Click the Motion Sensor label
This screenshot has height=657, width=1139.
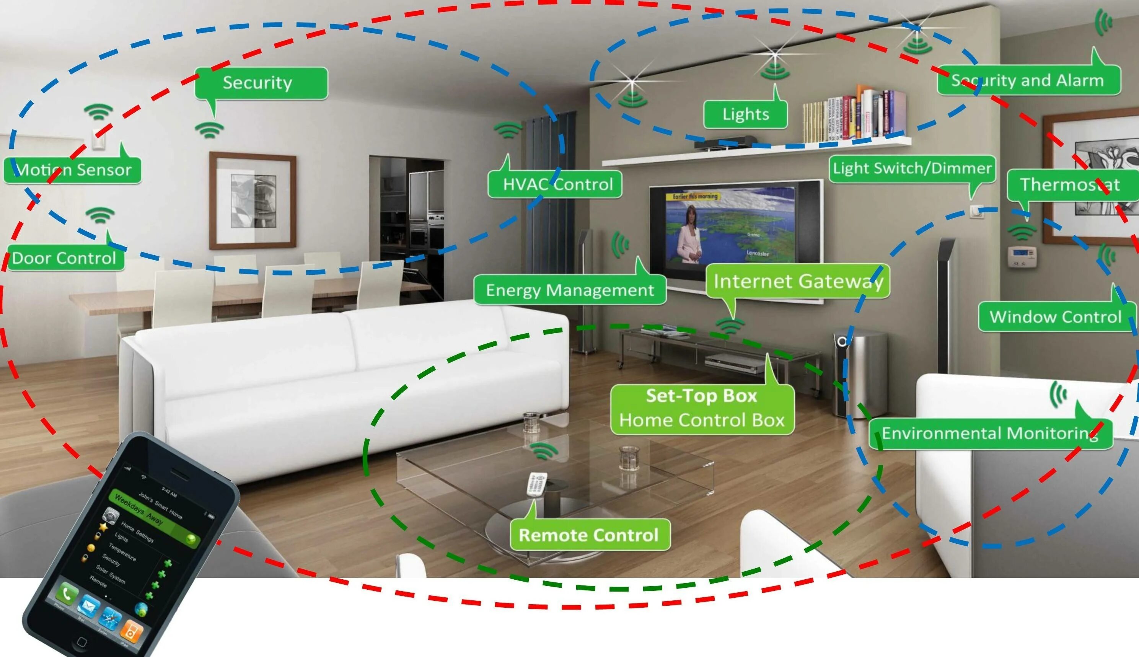tap(72, 170)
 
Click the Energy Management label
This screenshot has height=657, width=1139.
tap(570, 290)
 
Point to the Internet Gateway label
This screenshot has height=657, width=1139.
tap(797, 281)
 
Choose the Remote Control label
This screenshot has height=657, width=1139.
tap(589, 535)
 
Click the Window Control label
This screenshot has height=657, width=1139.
tap(1056, 316)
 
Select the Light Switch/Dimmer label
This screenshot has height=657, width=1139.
tap(912, 168)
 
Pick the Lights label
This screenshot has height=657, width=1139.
tap(746, 114)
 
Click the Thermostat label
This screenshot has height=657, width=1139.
tap(1071, 184)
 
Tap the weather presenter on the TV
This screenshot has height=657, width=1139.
tap(690, 235)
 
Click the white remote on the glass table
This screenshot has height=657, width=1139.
tap(537, 484)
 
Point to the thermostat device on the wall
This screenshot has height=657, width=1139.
tap(1022, 257)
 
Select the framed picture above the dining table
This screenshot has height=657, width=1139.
tap(253, 201)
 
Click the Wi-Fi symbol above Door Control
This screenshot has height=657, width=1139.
tap(100, 215)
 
